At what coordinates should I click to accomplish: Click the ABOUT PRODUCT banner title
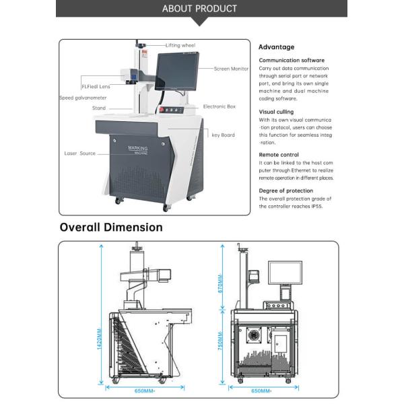(200, 9)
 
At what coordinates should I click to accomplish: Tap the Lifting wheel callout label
(180, 45)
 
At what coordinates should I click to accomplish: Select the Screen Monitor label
(231, 69)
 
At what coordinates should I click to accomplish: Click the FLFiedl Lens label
(96, 86)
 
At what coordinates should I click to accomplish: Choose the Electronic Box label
(219, 106)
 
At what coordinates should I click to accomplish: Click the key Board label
(223, 135)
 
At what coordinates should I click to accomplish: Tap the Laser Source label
(80, 153)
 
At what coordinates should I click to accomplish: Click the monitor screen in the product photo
(178, 76)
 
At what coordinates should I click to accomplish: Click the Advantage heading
(276, 47)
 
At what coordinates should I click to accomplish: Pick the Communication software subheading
(292, 61)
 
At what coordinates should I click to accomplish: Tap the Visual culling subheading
(276, 112)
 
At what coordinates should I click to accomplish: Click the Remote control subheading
(279, 155)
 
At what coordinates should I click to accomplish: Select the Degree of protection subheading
(285, 191)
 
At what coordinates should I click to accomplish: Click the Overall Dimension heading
(111, 227)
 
